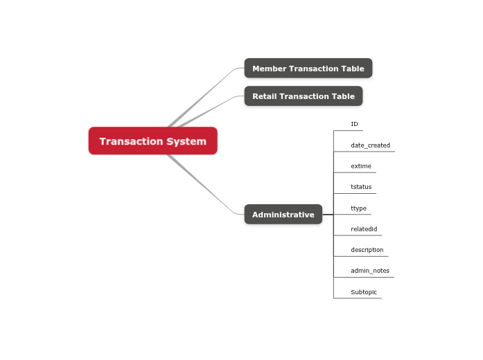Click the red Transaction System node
pos(152,141)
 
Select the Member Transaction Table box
pos(308,69)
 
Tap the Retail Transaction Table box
pos(304,96)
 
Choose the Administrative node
pos(283,215)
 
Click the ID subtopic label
pos(354,125)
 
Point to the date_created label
pos(370,145)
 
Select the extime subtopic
pos(361,166)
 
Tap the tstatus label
pos(361,187)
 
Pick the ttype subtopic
pos(358,208)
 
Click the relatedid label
pos(364,229)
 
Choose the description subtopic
pos(367,250)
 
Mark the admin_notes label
pos(370,271)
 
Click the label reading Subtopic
pos(364,292)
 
